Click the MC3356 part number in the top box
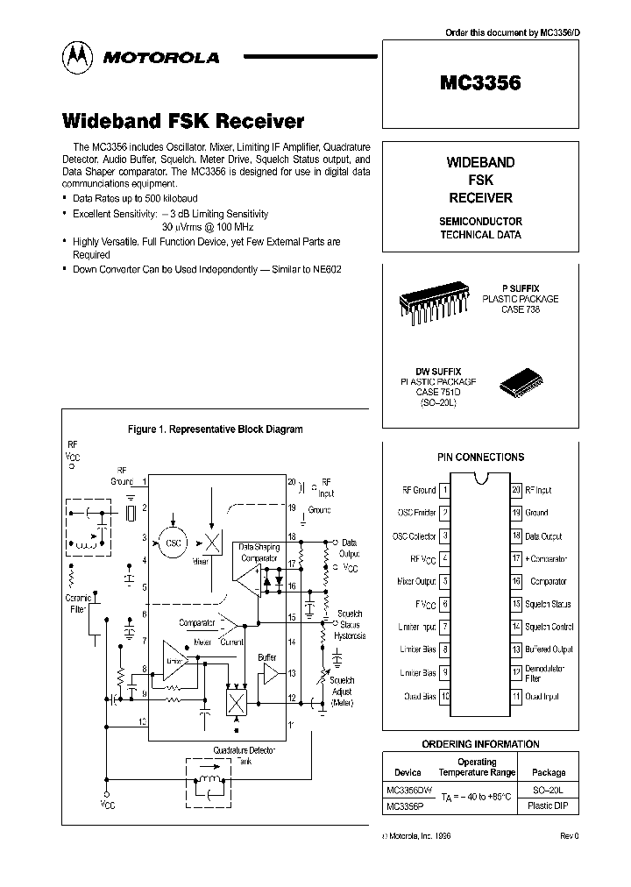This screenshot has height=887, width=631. (x=479, y=83)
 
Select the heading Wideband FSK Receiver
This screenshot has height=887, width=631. (x=182, y=121)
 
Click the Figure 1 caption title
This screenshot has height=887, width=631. (x=215, y=429)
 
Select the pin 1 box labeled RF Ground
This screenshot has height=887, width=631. (x=444, y=490)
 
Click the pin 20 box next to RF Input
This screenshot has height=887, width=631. (x=516, y=490)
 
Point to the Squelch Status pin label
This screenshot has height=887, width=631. (x=548, y=604)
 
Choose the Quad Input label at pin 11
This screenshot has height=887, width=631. (x=542, y=697)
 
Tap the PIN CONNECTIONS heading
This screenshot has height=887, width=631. (x=480, y=458)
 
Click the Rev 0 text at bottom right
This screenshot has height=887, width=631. (x=570, y=836)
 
